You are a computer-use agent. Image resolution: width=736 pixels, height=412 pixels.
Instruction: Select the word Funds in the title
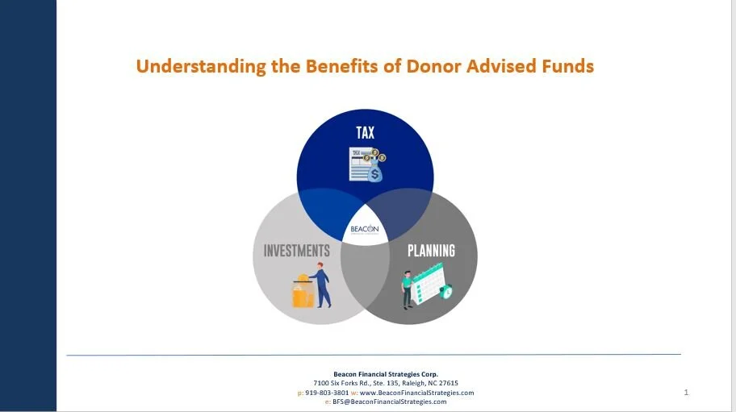pyautogui.click(x=564, y=66)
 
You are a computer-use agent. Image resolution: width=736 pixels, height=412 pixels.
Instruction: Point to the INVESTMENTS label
pyautogui.click(x=297, y=251)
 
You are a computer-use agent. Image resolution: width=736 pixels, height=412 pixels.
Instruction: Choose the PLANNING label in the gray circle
pyautogui.click(x=431, y=251)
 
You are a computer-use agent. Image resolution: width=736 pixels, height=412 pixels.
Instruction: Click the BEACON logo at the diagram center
pyautogui.click(x=364, y=229)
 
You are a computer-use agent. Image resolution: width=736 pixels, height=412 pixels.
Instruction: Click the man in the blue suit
pyautogui.click(x=321, y=285)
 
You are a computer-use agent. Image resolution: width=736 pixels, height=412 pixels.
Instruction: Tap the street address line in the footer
pyautogui.click(x=385, y=383)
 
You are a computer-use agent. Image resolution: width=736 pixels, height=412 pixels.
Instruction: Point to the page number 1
pyautogui.click(x=686, y=393)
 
